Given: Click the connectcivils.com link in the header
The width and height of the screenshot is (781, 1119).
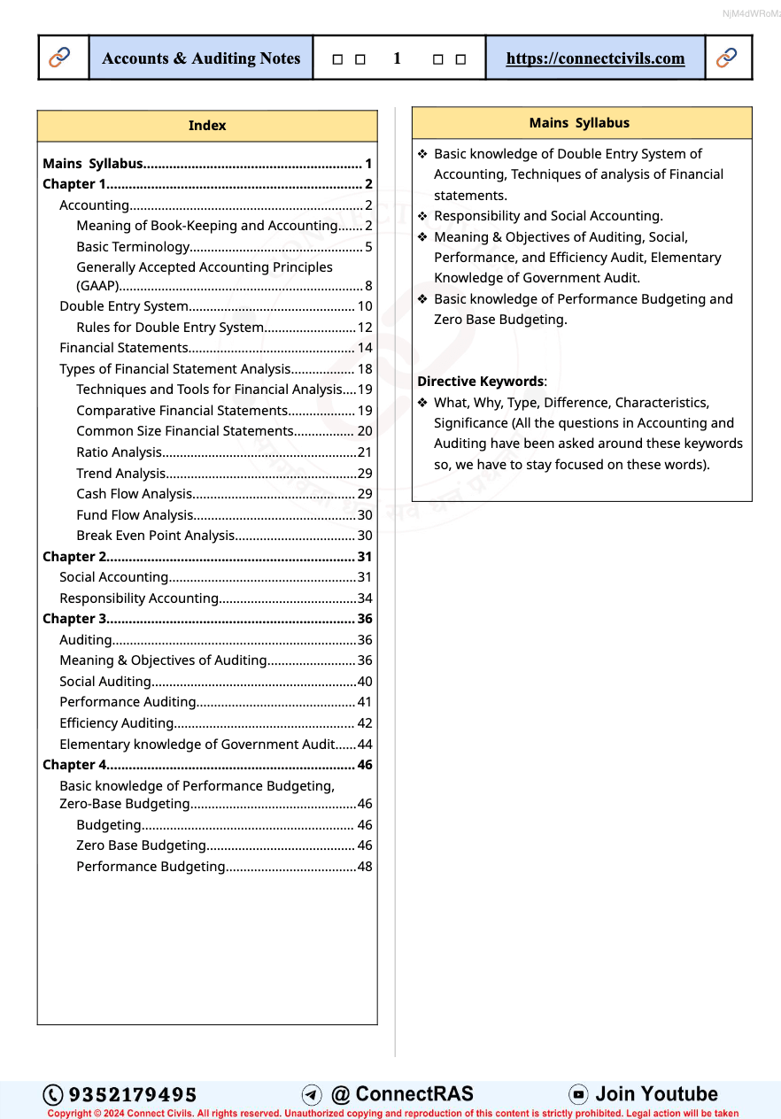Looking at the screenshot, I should [595, 58].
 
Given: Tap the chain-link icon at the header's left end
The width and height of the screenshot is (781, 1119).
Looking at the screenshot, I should [60, 58].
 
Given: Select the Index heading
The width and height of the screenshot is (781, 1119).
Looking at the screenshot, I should [207, 126].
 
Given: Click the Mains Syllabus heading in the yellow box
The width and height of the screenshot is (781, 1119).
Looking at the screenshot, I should [579, 123].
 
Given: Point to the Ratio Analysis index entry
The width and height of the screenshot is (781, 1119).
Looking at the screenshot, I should [120, 452].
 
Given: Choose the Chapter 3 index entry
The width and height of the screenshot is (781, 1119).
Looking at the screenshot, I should [74, 619].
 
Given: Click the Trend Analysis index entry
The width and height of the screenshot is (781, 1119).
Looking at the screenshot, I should [121, 474].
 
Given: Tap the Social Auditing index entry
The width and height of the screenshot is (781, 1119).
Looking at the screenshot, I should [105, 682].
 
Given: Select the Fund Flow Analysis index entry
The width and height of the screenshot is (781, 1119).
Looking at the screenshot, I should [135, 515].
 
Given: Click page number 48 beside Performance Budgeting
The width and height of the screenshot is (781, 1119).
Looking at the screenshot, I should [365, 867].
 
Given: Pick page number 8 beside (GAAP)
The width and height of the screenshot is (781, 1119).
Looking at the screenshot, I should [368, 286].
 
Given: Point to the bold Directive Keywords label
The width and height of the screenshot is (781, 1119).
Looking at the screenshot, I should [481, 382].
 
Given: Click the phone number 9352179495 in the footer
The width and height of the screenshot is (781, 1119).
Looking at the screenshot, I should [133, 1095].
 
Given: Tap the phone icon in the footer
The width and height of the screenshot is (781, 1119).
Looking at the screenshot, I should [53, 1095].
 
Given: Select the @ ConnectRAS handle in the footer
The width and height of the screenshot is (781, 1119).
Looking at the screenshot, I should [402, 1094].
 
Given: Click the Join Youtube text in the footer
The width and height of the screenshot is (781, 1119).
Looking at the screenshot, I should [656, 1094].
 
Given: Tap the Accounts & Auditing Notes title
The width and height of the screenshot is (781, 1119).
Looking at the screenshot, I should [201, 58].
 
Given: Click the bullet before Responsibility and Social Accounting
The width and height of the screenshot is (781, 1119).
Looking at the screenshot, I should [423, 216].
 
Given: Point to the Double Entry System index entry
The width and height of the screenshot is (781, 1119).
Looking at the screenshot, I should [124, 306].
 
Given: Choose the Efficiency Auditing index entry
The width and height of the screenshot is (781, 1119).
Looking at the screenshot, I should [116, 723].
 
